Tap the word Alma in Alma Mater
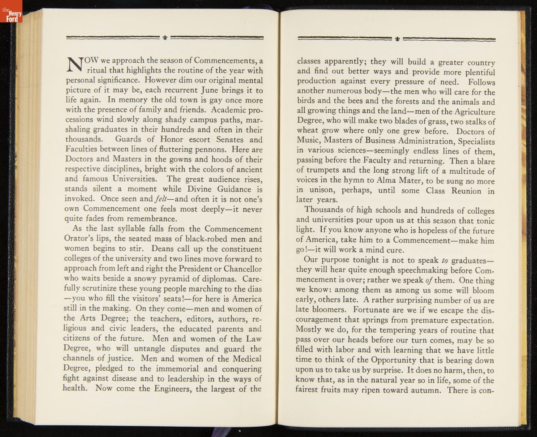tap(394, 181)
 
